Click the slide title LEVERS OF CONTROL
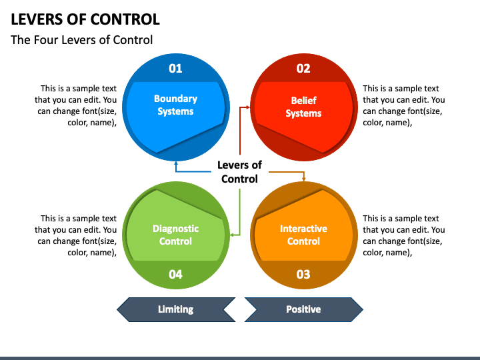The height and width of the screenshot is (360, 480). coord(85,19)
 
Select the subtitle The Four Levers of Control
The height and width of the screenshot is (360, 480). coord(82,40)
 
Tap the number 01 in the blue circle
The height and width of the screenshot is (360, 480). coord(175,68)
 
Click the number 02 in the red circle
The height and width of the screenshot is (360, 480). coord(303,68)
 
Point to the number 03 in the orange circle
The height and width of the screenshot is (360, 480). coord(303,274)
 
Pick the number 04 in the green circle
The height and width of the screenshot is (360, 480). coord(175,274)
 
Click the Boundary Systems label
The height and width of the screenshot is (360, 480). coord(175,105)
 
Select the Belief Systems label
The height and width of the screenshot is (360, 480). coord(303,107)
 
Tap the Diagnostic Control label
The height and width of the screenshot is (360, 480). coord(175,235)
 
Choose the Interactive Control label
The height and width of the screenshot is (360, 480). coord(303,235)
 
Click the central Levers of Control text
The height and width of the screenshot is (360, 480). coord(239,171)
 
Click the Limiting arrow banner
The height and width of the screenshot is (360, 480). coord(176,309)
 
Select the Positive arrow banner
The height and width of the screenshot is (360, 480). coord(303,309)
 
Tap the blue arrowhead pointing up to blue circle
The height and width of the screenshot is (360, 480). coord(175,162)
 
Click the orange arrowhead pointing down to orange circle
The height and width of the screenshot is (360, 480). coord(304,179)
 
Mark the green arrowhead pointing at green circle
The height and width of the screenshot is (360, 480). coord(231,235)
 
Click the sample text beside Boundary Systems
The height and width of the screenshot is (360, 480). coord(79,105)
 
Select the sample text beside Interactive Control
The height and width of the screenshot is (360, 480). coord(403,235)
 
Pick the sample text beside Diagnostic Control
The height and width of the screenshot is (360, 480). coord(79,235)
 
